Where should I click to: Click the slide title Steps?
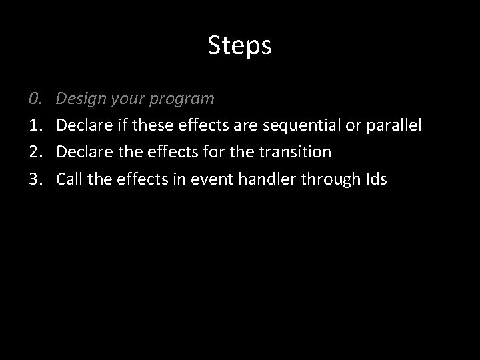tap(239, 45)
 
